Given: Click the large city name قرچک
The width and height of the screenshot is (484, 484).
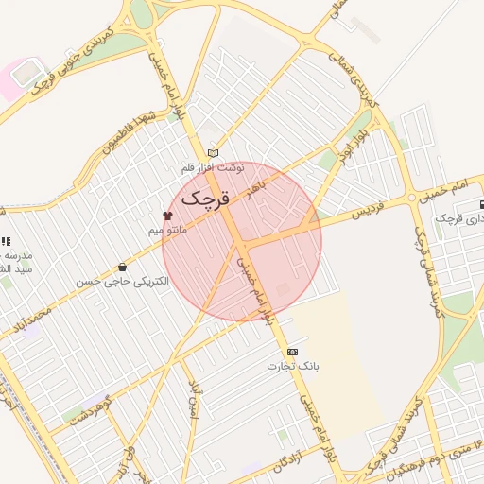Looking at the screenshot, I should pyautogui.click(x=203, y=199).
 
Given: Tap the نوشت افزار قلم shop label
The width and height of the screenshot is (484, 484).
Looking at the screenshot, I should pyautogui.click(x=213, y=167).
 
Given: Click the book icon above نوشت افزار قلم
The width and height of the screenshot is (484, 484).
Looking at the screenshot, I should pyautogui.click(x=213, y=152).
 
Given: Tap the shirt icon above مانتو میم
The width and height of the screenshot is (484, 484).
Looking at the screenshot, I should pyautogui.click(x=168, y=216).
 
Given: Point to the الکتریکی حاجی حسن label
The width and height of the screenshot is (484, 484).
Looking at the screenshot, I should pyautogui.click(x=124, y=282).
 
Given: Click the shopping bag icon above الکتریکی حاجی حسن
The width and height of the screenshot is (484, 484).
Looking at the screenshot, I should pyautogui.click(x=123, y=268).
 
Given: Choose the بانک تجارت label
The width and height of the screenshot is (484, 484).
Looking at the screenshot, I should pyautogui.click(x=293, y=365).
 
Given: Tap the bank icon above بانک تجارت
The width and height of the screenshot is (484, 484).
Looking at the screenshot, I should pyautogui.click(x=292, y=351).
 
